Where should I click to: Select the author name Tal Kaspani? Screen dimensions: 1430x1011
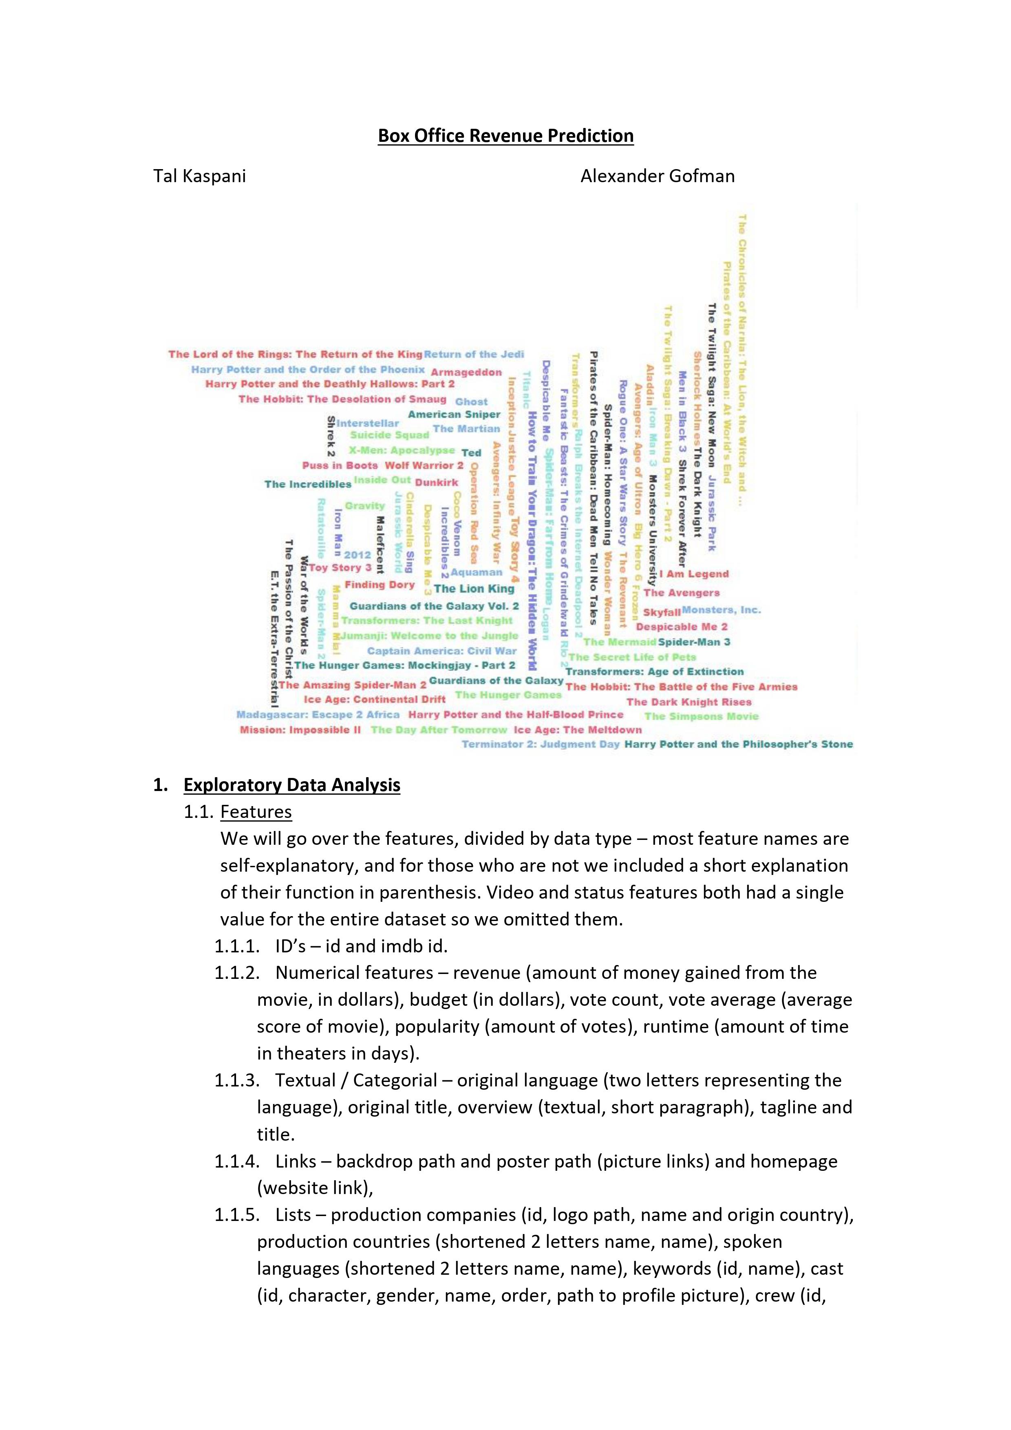[x=199, y=176]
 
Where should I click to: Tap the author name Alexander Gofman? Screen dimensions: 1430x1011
[x=657, y=176]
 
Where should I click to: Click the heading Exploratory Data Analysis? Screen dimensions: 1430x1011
[x=291, y=785]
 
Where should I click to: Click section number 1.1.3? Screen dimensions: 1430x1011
[x=237, y=1081]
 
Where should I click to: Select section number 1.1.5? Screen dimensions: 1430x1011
[x=237, y=1215]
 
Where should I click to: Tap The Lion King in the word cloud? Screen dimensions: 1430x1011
[x=474, y=588]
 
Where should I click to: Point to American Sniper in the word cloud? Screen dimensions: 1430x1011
[x=454, y=414]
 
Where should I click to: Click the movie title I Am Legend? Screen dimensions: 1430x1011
[x=693, y=574]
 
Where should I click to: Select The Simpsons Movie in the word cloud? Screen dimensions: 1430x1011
[x=702, y=716]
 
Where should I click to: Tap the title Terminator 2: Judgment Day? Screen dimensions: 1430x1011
[x=540, y=744]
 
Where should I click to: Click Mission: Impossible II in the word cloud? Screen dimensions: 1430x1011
[x=300, y=730]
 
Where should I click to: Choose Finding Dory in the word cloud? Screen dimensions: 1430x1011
[x=380, y=585]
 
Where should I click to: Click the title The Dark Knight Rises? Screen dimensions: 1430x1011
[x=689, y=702]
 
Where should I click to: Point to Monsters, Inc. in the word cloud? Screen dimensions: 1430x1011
[x=721, y=610]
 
